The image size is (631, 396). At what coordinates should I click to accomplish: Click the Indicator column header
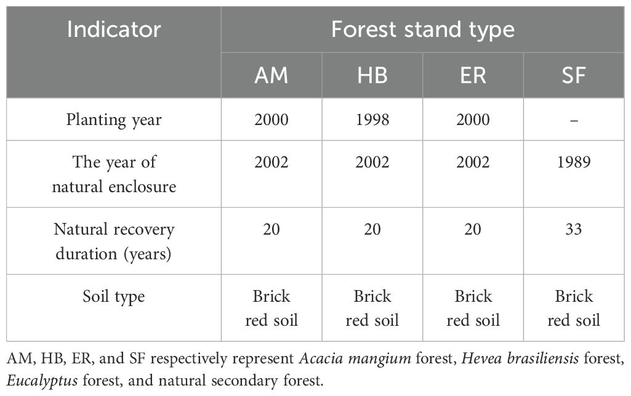(114, 30)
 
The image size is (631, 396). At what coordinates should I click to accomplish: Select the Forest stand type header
(422, 30)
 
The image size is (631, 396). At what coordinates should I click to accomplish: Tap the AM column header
(271, 75)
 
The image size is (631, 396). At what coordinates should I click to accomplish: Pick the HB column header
(372, 75)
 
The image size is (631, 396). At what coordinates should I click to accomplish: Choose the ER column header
(473, 75)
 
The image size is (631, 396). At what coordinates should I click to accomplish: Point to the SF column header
(574, 75)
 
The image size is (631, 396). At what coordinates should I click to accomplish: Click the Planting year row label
(114, 120)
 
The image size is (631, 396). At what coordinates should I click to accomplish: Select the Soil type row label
(114, 297)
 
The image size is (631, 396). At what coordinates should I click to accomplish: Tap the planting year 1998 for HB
(372, 119)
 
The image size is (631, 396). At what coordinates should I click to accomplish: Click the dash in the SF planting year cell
(574, 120)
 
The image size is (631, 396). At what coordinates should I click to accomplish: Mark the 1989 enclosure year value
(574, 162)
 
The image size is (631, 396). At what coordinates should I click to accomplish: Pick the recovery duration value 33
(574, 229)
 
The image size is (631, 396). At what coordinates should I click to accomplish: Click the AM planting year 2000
(271, 119)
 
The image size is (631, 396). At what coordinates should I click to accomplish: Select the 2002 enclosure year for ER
(473, 162)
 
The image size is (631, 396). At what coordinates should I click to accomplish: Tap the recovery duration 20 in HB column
(372, 229)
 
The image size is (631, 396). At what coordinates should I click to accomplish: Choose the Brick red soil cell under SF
(574, 309)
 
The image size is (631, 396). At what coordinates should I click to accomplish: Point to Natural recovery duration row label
(114, 241)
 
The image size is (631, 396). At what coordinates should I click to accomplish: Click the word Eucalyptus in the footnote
(42, 381)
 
